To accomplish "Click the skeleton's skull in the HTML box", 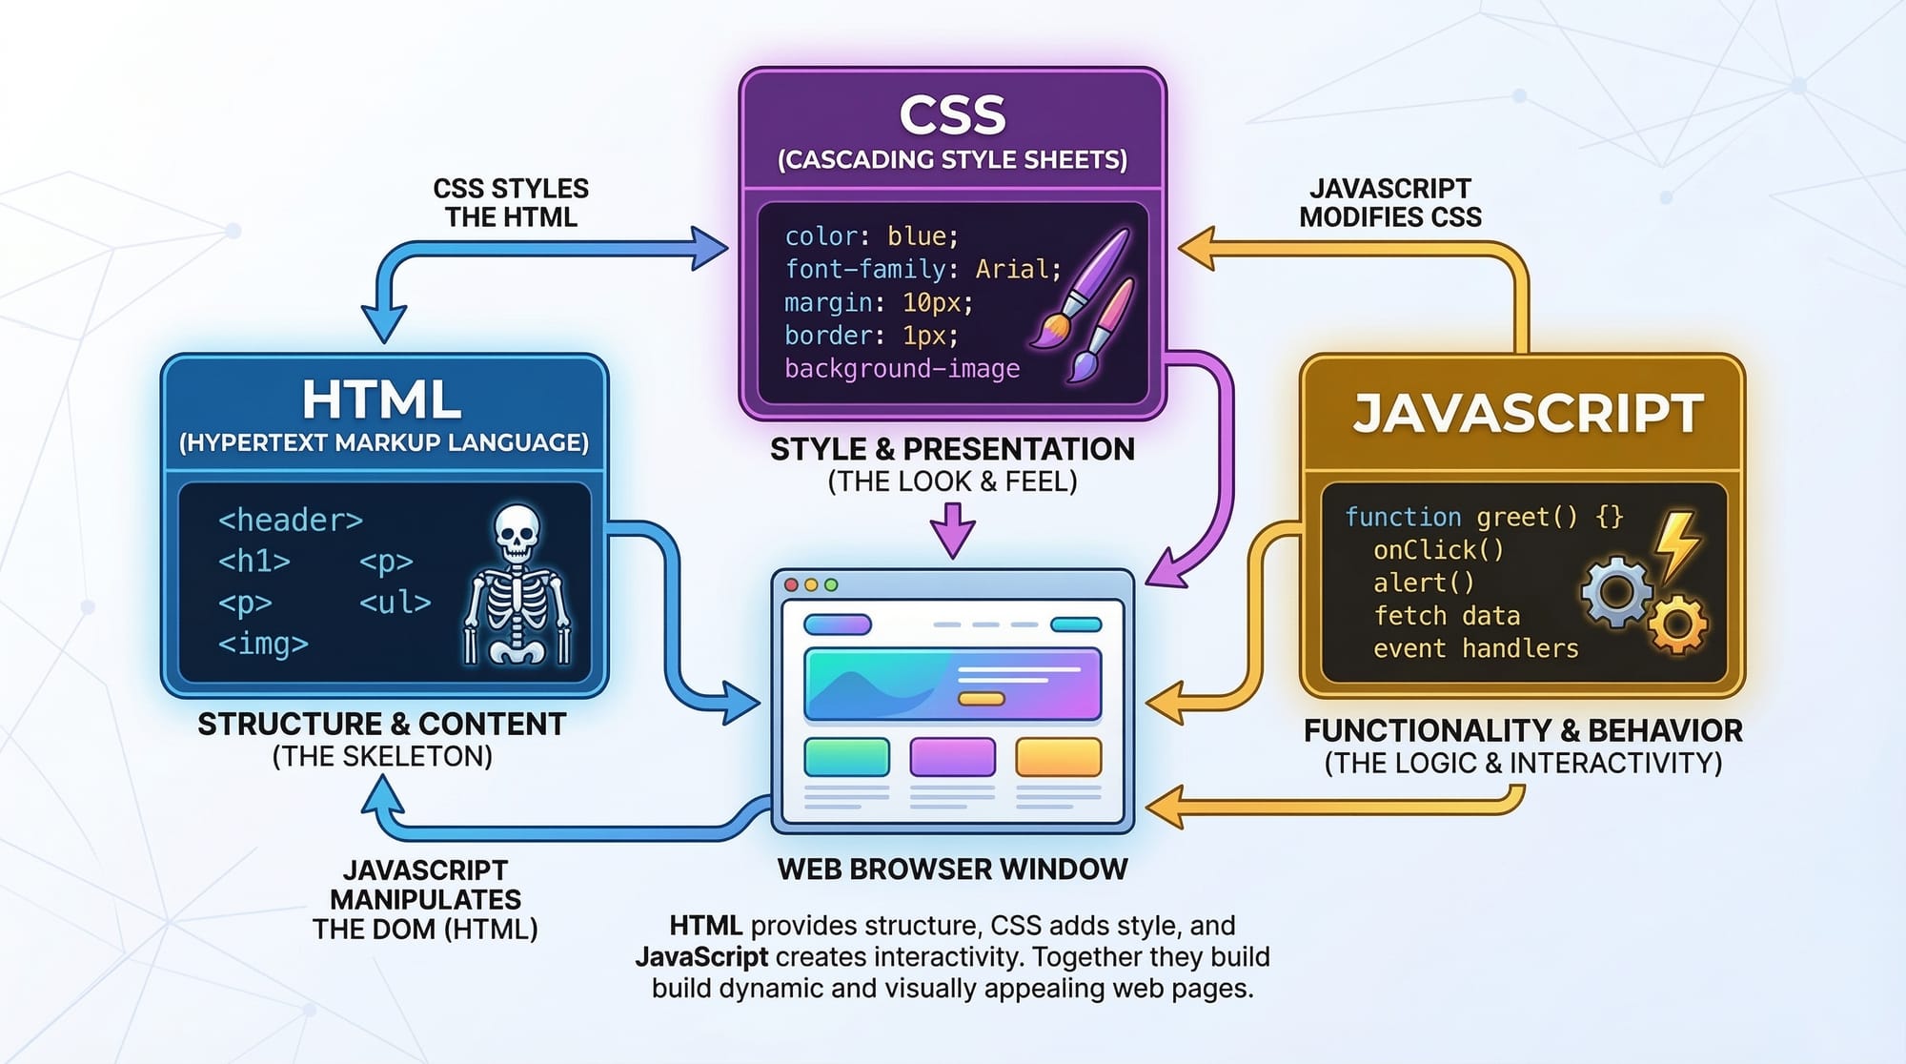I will pos(516,531).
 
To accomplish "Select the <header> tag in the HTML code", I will pos(291,520).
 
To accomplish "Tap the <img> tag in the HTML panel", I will pos(263,644).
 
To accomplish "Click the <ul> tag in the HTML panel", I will pos(395,603).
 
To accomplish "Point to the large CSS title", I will pos(952,115).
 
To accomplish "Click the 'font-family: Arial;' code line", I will pos(922,269).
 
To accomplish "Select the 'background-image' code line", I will pos(902,368).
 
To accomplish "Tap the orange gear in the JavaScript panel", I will pos(1677,624).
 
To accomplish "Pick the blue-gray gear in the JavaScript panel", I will pos(1616,591).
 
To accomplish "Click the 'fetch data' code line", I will pos(1446,616).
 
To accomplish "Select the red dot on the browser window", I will pos(791,584).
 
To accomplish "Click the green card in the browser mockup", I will pos(846,757).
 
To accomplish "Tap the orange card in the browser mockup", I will pos(1058,757).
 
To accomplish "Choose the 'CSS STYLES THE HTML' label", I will pos(511,202).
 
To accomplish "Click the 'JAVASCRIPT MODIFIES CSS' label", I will pos(1390,202).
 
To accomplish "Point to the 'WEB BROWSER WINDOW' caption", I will pos(952,870).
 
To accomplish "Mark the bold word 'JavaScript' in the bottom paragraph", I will pos(701,956).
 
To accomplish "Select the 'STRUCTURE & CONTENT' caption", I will pos(381,725).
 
